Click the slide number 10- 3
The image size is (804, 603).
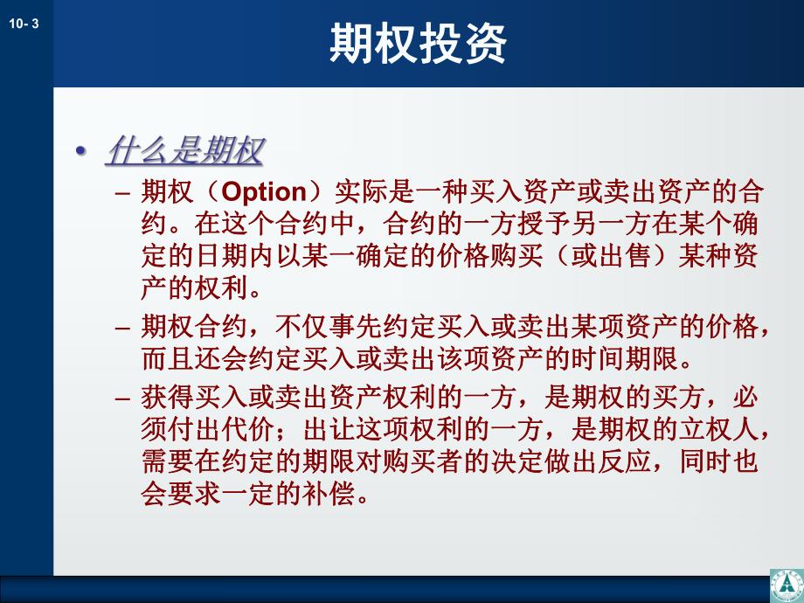(x=24, y=25)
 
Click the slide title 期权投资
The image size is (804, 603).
(x=418, y=44)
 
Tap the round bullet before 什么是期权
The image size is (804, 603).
(x=81, y=151)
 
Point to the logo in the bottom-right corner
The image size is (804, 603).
(x=786, y=585)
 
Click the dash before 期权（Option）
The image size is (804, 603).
(x=123, y=193)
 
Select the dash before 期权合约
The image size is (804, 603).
(x=123, y=329)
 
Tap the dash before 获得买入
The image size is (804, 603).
(x=123, y=399)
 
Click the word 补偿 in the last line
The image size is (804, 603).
(x=333, y=494)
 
